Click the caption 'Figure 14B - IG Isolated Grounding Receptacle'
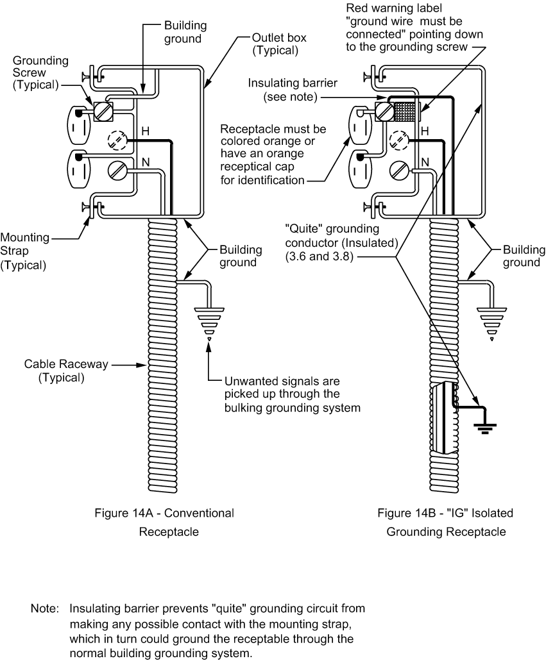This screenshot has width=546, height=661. (445, 522)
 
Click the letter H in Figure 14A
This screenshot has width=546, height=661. (146, 130)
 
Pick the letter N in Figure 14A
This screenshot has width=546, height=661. (146, 162)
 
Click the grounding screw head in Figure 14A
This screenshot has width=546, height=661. (103, 112)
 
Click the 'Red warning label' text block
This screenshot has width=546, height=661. (414, 28)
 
